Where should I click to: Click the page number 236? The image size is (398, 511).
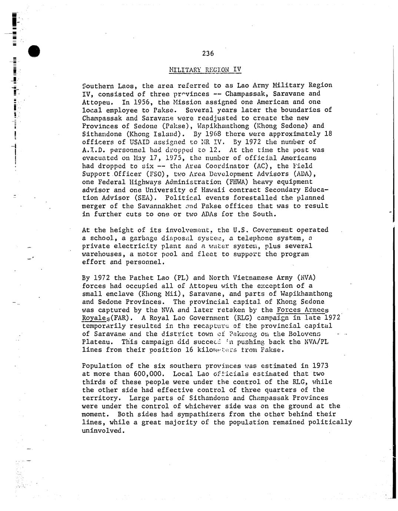(208, 53)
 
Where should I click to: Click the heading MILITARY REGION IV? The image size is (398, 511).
(205, 69)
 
